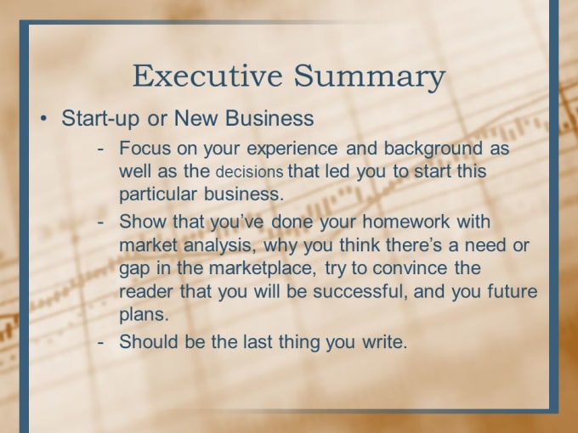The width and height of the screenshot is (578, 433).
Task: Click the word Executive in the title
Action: tap(207, 76)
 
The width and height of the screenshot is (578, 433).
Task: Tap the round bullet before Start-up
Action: tap(44, 119)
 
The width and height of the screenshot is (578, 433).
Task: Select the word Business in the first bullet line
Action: tap(269, 118)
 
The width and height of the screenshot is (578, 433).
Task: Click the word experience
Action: tap(292, 149)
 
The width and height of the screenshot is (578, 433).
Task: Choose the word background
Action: tap(433, 149)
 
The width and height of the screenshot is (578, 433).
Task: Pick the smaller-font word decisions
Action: tap(250, 172)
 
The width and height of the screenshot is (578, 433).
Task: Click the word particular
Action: tap(158, 194)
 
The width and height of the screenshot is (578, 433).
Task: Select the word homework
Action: tap(405, 222)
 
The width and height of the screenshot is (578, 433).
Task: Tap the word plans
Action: tap(144, 315)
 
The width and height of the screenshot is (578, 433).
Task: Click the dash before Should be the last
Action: tap(100, 342)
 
